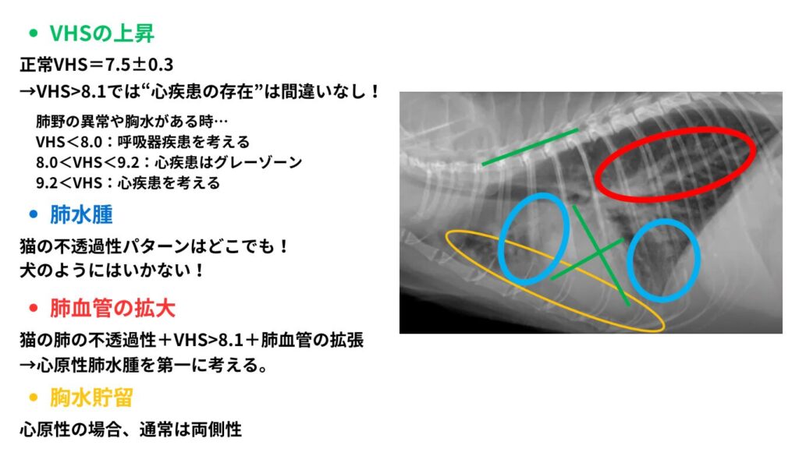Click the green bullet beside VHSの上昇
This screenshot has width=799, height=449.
pyautogui.click(x=34, y=34)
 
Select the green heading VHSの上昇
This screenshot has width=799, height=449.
pyautogui.click(x=101, y=34)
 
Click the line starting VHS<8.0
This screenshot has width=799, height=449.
pyautogui.click(x=143, y=142)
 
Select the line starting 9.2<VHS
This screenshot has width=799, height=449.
pyautogui.click(x=128, y=182)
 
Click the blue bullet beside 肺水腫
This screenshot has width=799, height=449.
pyautogui.click(x=34, y=214)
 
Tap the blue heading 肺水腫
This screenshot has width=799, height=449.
pyautogui.click(x=81, y=214)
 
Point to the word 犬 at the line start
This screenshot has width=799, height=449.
pyautogui.click(x=28, y=270)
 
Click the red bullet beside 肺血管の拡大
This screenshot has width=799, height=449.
pyautogui.click(x=34, y=308)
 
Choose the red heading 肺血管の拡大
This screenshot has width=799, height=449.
pyautogui.click(x=112, y=308)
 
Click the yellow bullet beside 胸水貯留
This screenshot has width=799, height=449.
pyautogui.click(x=34, y=397)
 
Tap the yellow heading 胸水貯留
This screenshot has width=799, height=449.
pyautogui.click(x=91, y=397)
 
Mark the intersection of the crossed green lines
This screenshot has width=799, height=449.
pyautogui.click(x=598, y=251)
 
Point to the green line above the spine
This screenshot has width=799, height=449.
pyautogui.click(x=530, y=147)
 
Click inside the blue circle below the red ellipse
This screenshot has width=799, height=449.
pyautogui.click(x=663, y=260)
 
